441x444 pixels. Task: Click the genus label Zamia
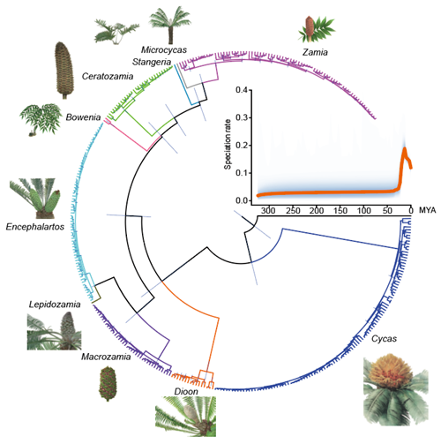(x=315, y=52)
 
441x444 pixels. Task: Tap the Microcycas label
(x=164, y=49)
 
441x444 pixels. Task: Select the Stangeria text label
(x=152, y=62)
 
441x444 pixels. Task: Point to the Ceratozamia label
(x=108, y=76)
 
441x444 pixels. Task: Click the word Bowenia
(x=83, y=117)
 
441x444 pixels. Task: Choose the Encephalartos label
(x=35, y=227)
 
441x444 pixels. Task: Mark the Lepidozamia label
(x=55, y=305)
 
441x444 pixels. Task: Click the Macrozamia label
(x=106, y=357)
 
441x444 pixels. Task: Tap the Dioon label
(x=186, y=392)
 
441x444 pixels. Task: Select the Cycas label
(x=384, y=339)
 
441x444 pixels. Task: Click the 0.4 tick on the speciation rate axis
(x=242, y=90)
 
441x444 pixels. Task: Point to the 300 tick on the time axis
(x=268, y=211)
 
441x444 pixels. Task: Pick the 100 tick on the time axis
(x=363, y=211)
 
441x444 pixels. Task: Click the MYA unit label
(x=427, y=210)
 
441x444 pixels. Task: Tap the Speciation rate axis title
(x=228, y=145)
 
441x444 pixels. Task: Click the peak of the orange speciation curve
(x=405, y=148)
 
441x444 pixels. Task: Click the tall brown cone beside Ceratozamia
(x=64, y=71)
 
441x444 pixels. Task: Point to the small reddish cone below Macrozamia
(x=108, y=384)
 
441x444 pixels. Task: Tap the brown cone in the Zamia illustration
(x=310, y=28)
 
